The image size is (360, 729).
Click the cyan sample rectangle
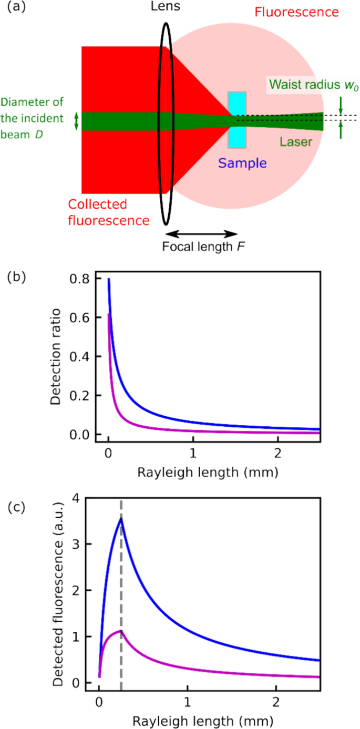236,119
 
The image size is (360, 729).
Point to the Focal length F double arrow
201,234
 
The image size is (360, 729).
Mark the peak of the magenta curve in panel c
121,630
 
